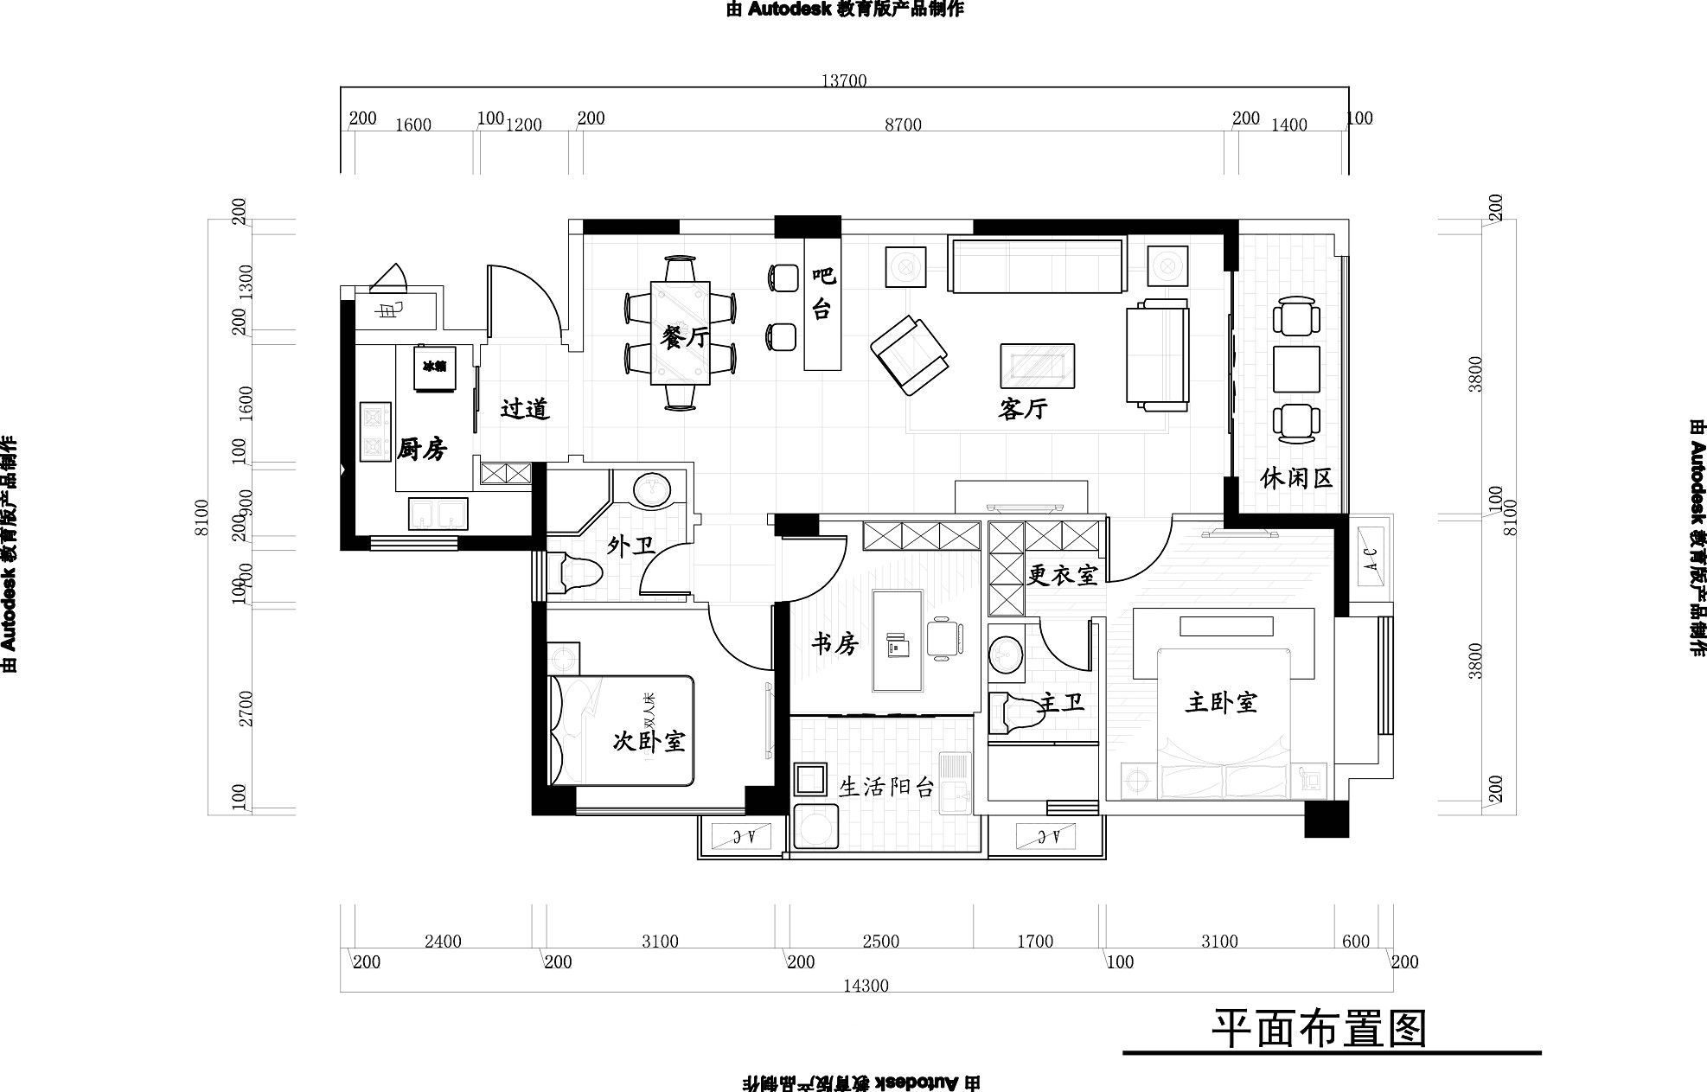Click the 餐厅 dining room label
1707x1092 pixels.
point(684,337)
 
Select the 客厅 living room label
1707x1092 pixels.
point(1022,409)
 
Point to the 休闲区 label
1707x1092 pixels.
point(1296,478)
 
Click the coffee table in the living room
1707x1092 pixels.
point(1038,366)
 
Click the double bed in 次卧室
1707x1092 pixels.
point(623,731)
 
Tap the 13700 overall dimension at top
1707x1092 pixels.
point(843,80)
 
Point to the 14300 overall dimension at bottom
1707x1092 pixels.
point(866,986)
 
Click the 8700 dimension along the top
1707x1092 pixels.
point(903,125)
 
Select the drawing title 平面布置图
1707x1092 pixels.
point(1318,1029)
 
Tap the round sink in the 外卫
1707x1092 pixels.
point(653,490)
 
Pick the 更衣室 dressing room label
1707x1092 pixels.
point(1063,575)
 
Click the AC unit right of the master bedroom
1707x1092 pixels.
point(1371,553)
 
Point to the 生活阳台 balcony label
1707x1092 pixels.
point(887,787)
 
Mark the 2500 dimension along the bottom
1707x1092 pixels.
point(880,942)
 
